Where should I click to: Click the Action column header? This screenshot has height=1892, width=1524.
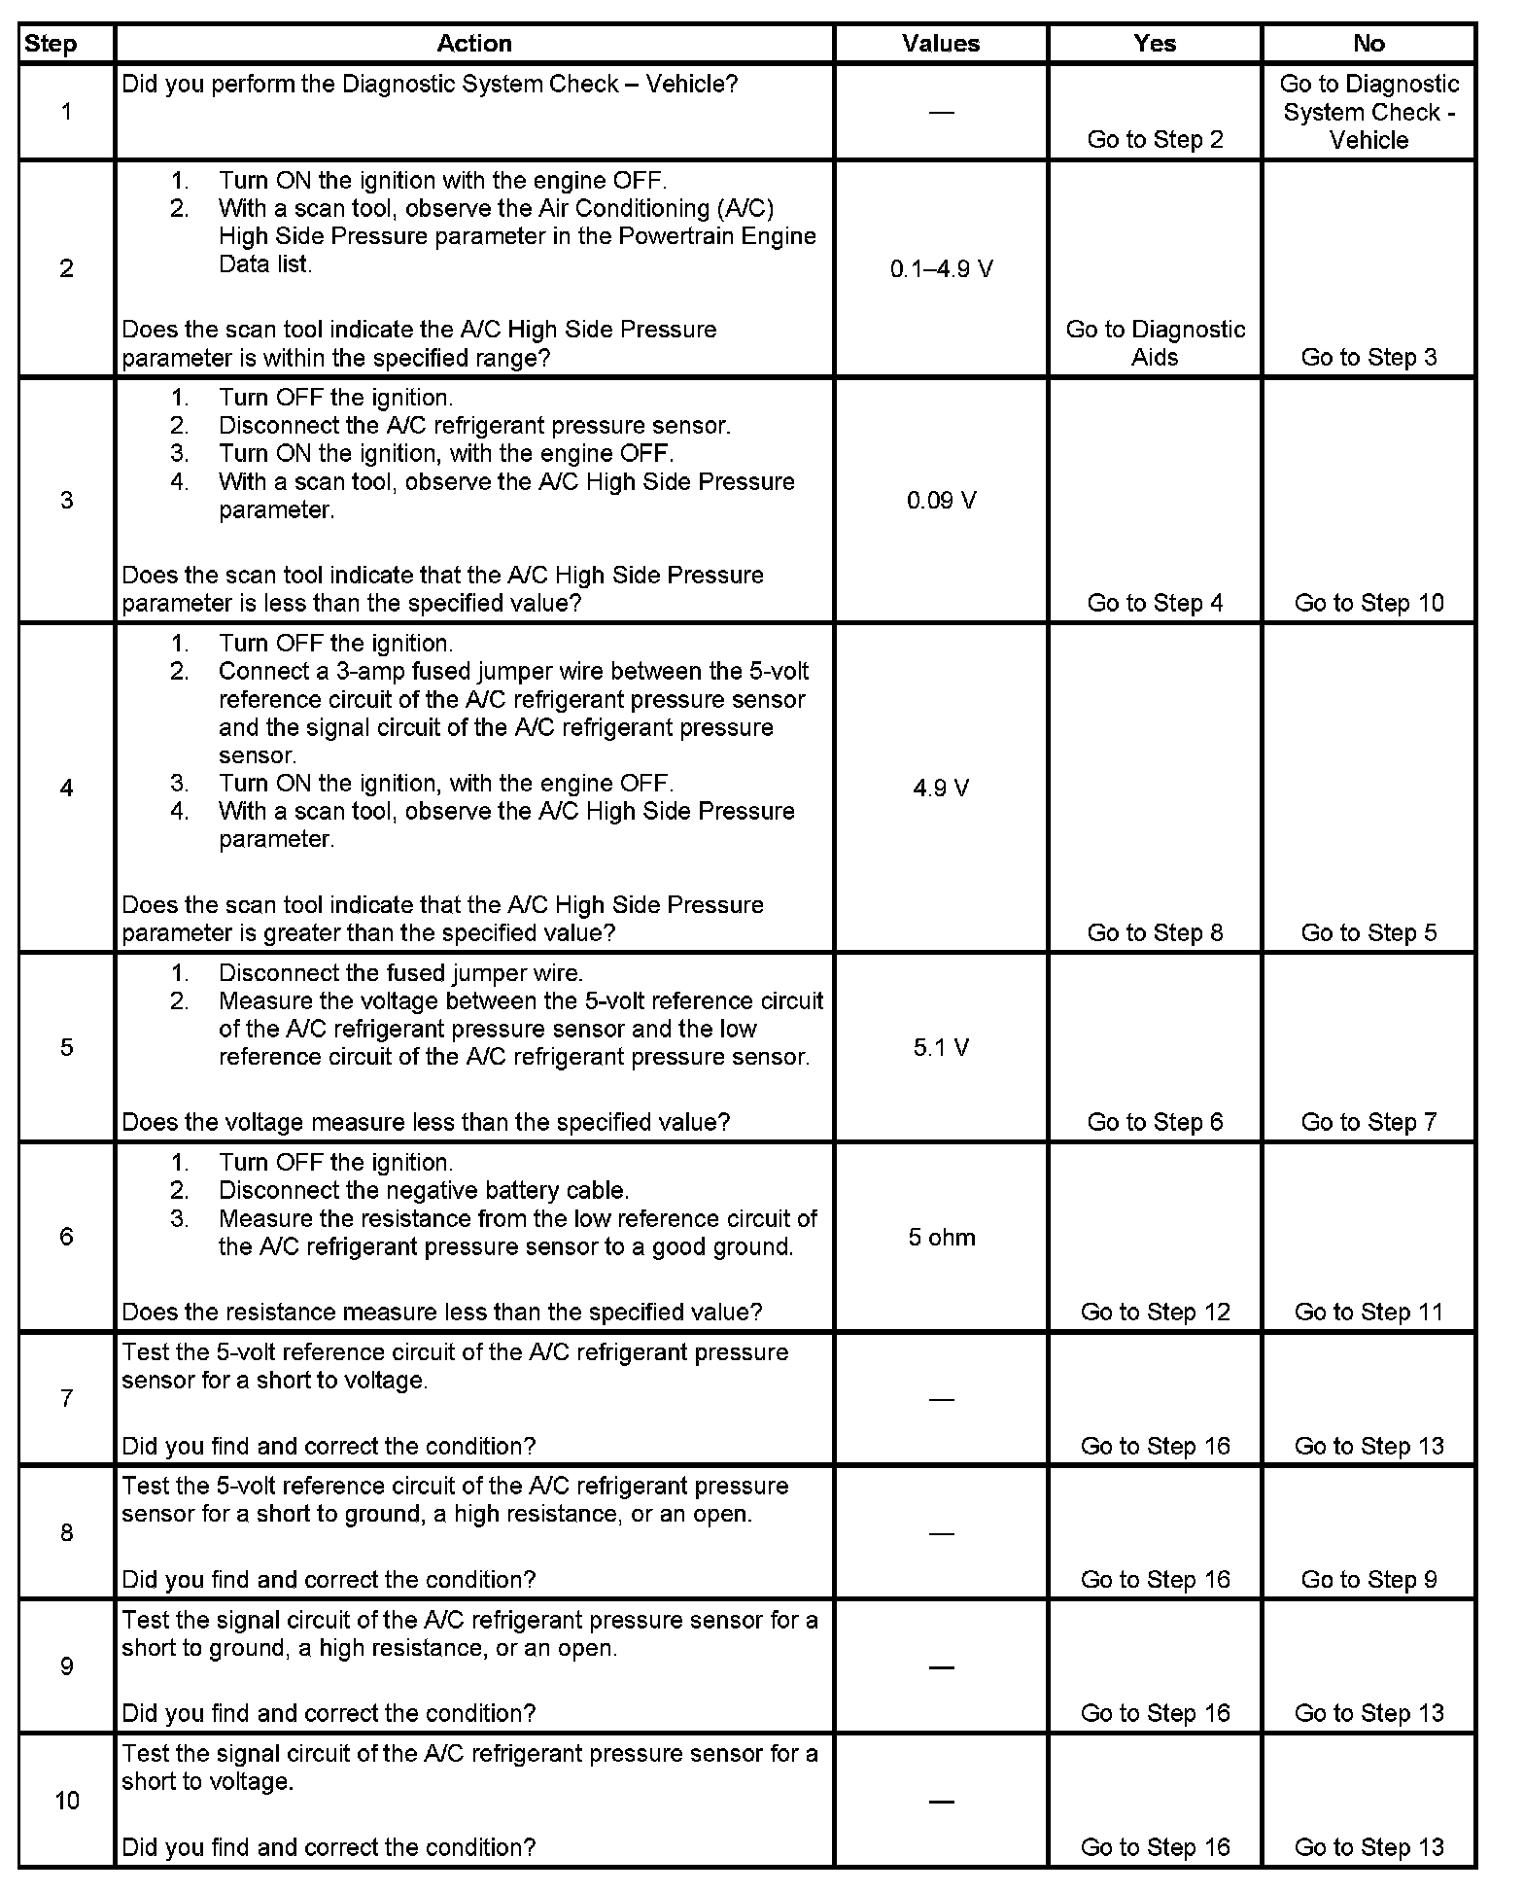(x=473, y=44)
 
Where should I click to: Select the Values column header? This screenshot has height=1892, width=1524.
(x=940, y=44)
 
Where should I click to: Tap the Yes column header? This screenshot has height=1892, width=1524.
(x=1155, y=44)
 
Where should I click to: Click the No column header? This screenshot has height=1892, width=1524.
(x=1368, y=44)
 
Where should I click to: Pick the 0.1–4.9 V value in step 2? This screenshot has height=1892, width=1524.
(x=941, y=269)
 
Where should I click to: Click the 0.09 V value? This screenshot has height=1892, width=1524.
(x=941, y=501)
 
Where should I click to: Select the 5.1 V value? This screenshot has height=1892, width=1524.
(x=941, y=1048)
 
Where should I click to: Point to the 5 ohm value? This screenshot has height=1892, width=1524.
(x=941, y=1238)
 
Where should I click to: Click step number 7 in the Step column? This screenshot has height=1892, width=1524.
(x=66, y=1398)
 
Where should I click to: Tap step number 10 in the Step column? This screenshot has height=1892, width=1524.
(x=66, y=1801)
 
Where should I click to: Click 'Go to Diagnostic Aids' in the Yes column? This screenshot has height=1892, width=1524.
(x=1155, y=343)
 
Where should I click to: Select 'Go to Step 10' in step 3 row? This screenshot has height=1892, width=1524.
(x=1368, y=603)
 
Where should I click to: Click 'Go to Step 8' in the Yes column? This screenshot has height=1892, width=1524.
(x=1155, y=932)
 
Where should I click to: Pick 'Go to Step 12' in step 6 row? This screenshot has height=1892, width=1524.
(x=1155, y=1312)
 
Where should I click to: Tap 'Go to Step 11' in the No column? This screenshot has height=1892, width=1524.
(x=1368, y=1312)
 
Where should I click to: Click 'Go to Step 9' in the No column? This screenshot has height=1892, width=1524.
(x=1368, y=1580)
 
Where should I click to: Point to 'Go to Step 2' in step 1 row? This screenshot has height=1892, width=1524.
(x=1155, y=139)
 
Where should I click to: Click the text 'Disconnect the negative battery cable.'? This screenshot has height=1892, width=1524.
(x=424, y=1190)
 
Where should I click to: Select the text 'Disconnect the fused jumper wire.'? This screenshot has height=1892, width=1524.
(x=400, y=973)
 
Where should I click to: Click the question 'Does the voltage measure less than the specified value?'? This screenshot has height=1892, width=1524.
(x=426, y=1122)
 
